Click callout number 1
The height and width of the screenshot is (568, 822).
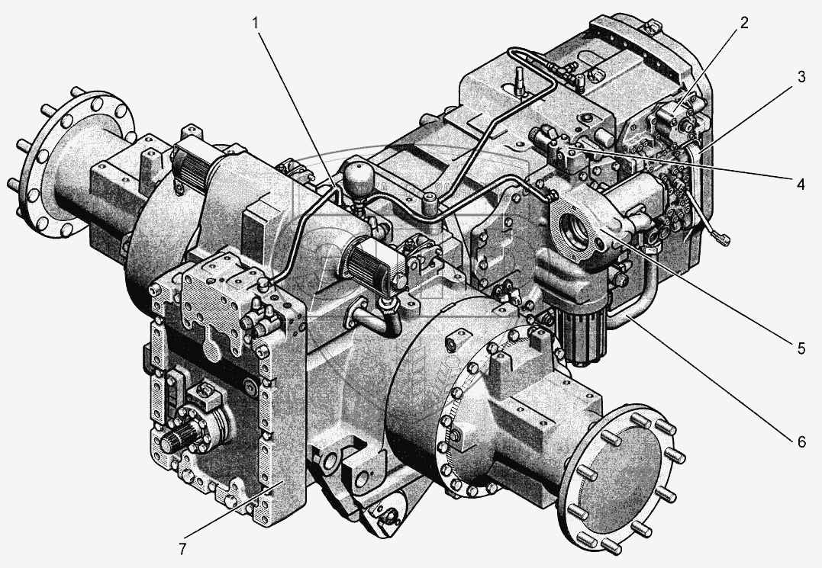[256, 23]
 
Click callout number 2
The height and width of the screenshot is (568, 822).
[744, 23]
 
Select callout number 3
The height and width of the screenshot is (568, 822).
[801, 77]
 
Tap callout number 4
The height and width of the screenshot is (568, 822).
[801, 185]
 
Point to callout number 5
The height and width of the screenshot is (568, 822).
[801, 348]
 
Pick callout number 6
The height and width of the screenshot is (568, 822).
[801, 442]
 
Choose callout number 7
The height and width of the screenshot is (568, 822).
[182, 549]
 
